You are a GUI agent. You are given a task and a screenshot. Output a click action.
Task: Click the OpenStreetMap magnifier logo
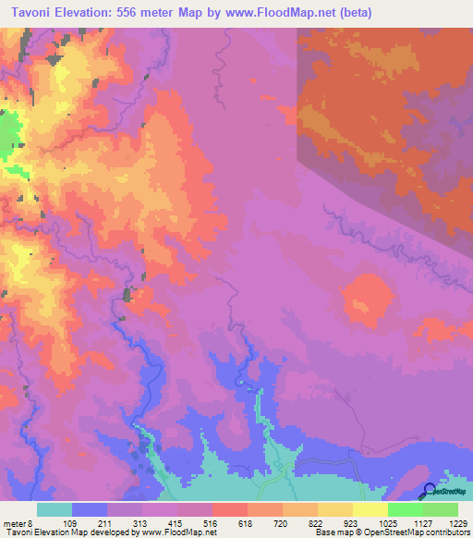(431, 490)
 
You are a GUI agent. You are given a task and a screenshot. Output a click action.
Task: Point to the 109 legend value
(70, 523)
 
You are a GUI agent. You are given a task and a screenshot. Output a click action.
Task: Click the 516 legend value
(212, 523)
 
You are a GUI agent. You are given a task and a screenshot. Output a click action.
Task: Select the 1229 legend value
(458, 523)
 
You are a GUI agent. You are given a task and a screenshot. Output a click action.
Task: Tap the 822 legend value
(318, 523)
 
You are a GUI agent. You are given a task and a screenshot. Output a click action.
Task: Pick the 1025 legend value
(388, 523)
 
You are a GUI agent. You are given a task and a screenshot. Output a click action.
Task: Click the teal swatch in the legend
(55, 509)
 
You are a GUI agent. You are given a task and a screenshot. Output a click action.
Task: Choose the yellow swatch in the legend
(370, 509)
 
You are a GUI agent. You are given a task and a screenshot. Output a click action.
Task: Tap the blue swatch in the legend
(90, 509)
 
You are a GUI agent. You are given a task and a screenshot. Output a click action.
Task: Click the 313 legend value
(141, 523)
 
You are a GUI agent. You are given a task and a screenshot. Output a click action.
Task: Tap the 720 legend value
(283, 523)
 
